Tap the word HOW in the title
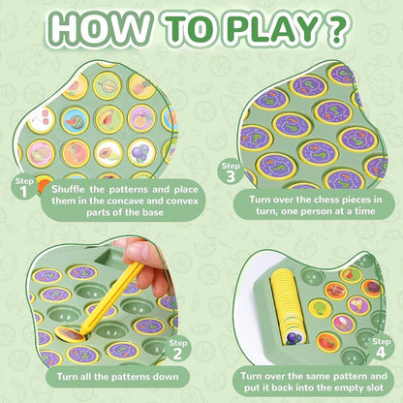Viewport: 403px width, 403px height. [100, 28]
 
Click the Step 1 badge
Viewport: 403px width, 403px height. [24, 187]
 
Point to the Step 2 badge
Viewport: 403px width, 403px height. [178, 350]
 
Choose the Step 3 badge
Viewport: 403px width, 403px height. [231, 172]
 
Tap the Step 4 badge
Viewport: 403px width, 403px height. [381, 348]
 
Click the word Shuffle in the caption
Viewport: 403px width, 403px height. [68, 189]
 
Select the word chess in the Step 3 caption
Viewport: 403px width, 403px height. [313, 200]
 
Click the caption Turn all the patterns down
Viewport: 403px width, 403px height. [117, 377]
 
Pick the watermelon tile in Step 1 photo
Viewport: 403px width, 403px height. [75, 121]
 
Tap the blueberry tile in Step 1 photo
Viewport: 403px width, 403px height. [141, 152]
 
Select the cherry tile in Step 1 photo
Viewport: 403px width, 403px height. [41, 119]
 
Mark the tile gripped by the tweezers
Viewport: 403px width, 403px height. [71, 335]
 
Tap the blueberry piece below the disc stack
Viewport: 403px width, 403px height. [294, 339]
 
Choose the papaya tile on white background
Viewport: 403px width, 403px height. [108, 153]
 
